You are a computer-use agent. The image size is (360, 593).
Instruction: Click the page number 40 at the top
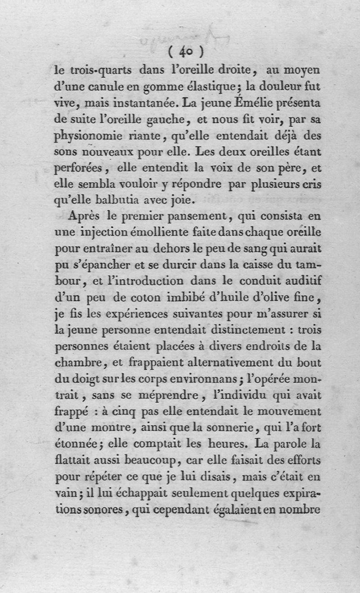point(185,52)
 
